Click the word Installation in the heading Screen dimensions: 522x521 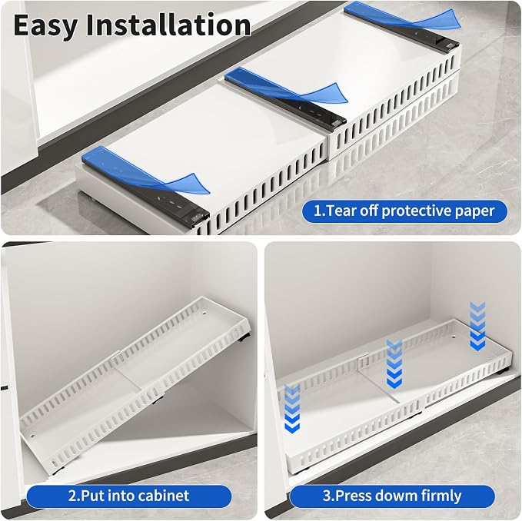point(168,25)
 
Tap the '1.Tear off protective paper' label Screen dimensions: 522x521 point(404,211)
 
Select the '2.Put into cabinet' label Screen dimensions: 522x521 point(129,496)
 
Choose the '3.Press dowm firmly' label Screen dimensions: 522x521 point(392,496)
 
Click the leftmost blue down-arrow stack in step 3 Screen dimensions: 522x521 point(292,409)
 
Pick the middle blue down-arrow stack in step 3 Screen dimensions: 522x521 point(394,363)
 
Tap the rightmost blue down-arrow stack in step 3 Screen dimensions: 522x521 point(477,326)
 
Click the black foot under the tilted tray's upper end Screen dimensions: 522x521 point(244,337)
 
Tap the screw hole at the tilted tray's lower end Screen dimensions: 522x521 point(32,435)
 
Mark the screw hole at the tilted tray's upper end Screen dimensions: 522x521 point(204,313)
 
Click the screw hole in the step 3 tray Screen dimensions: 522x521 point(455,337)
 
